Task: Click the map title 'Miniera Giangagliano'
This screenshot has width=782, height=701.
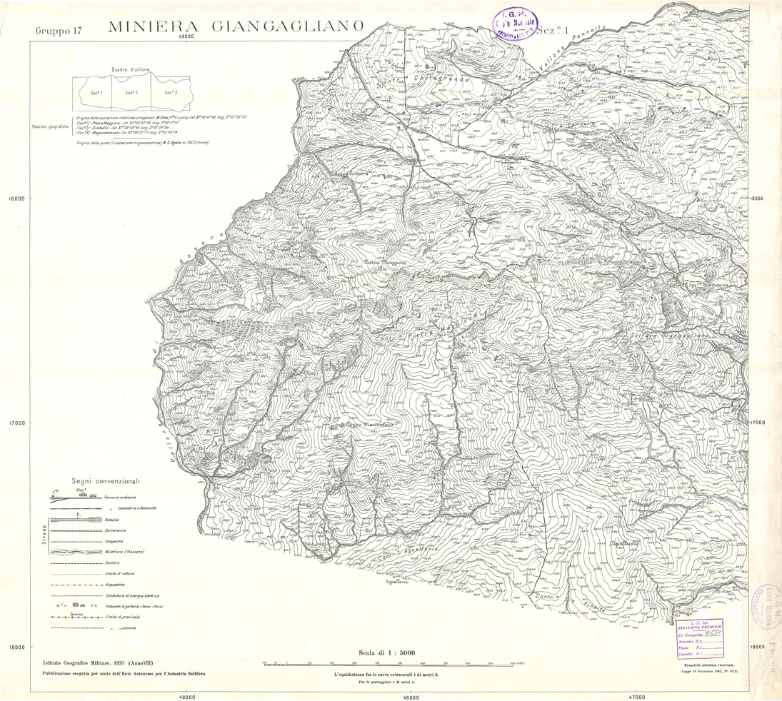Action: point(236,28)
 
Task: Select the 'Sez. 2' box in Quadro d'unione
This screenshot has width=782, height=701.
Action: point(132,93)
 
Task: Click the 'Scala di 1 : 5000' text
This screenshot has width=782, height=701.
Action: point(388,651)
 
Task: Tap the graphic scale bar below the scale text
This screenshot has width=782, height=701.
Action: point(389,663)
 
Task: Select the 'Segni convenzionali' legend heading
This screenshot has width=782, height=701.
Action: point(106,481)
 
